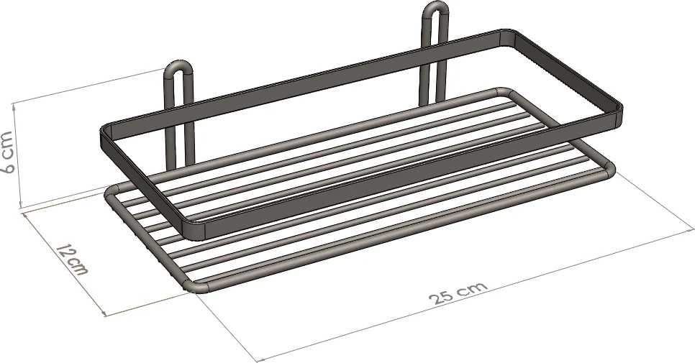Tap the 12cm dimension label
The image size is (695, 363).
click(x=72, y=259)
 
